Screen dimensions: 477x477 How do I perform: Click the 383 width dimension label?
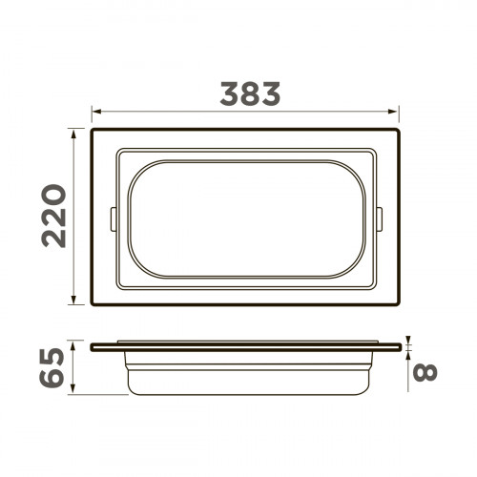[250, 93]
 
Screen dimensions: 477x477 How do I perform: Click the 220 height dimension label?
[54, 217]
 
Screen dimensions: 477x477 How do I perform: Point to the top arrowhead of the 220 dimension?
[75, 131]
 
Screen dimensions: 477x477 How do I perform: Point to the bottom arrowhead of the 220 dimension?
[75, 302]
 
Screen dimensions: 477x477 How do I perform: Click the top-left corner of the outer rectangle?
[93, 128]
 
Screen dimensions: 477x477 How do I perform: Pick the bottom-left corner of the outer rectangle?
[93, 305]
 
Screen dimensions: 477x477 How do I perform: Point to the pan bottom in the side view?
[247, 391]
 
